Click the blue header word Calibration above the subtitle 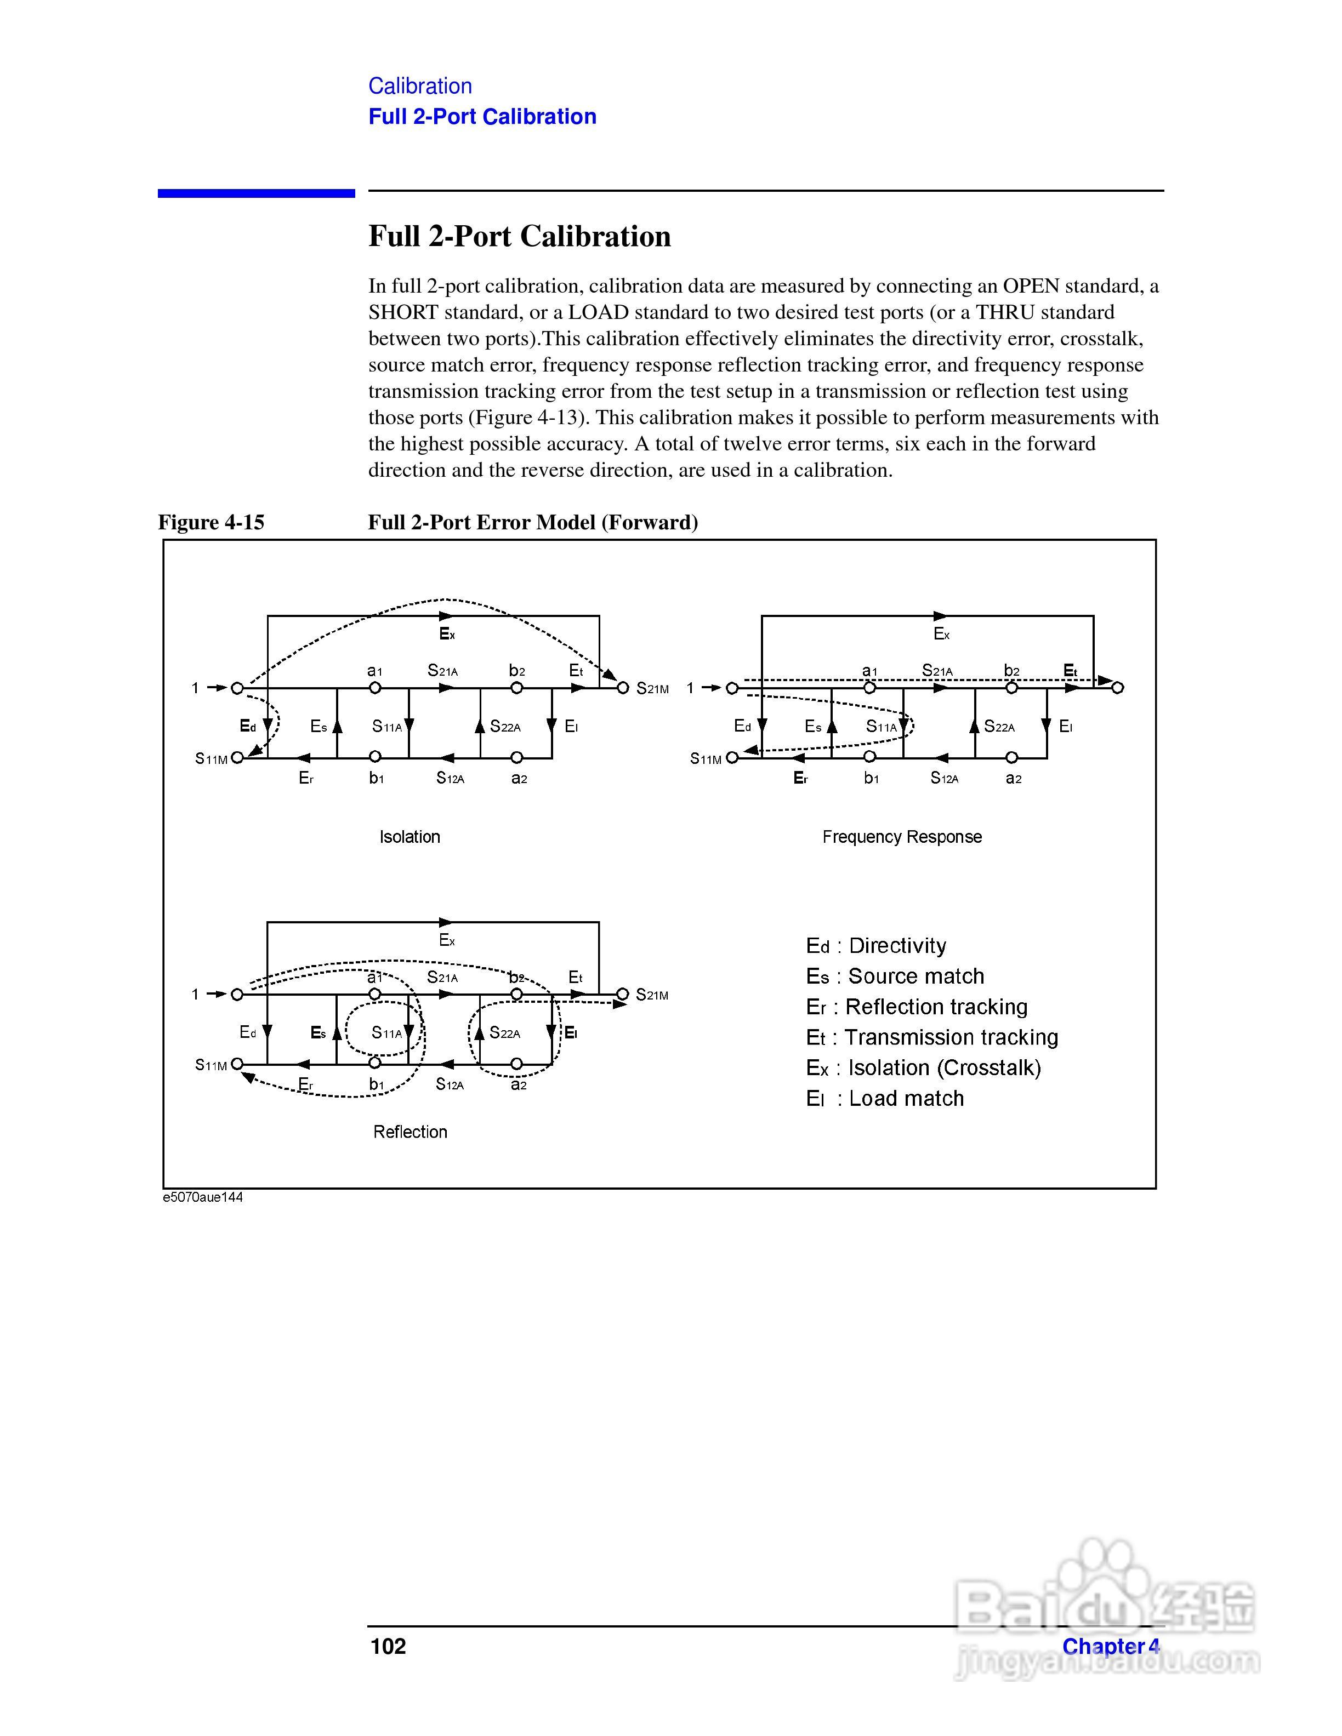[420, 86]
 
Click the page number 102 [388, 1646]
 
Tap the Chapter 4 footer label [1111, 1646]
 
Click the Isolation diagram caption [410, 837]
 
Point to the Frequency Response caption [902, 837]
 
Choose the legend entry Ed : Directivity [875, 946]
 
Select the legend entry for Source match [895, 976]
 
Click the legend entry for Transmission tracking [932, 1037]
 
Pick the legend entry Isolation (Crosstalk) [923, 1067]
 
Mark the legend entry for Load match [884, 1099]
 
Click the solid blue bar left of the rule [256, 193]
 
